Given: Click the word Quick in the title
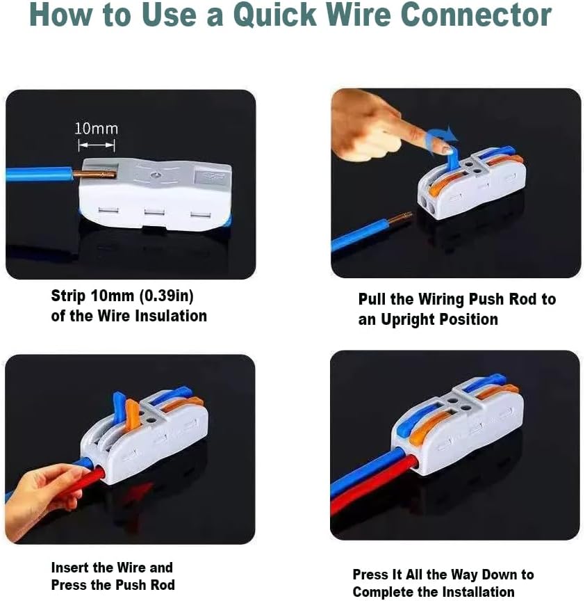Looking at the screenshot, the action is pos(276,15).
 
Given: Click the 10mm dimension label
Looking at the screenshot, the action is pos(96,129).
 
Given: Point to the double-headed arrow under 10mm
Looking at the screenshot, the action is pos(97,145).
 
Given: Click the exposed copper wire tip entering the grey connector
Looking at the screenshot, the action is pos(94,175).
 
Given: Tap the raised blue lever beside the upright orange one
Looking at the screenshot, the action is pos(119,406).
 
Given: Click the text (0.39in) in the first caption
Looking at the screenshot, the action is pos(167,296).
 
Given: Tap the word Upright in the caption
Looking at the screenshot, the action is pos(407,320).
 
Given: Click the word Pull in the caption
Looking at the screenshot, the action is pos(372,299).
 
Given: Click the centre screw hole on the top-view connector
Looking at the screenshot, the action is pos(155,175).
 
